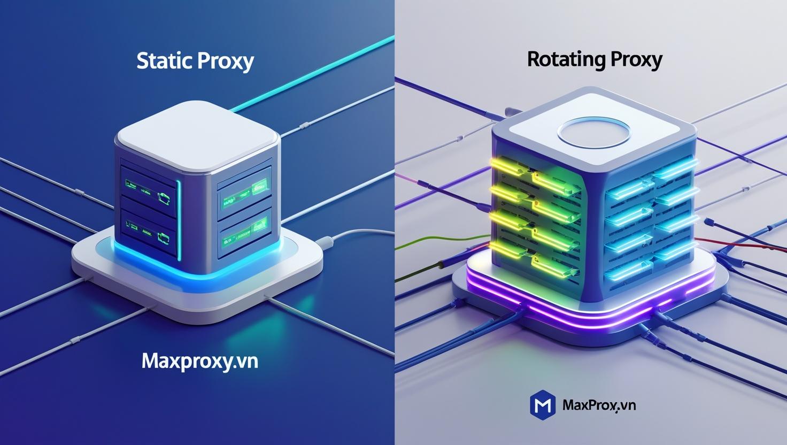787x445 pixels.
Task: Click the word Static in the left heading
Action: click(x=164, y=60)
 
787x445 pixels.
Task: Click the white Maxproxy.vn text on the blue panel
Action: click(x=200, y=362)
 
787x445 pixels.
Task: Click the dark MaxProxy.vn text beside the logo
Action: click(x=599, y=405)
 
